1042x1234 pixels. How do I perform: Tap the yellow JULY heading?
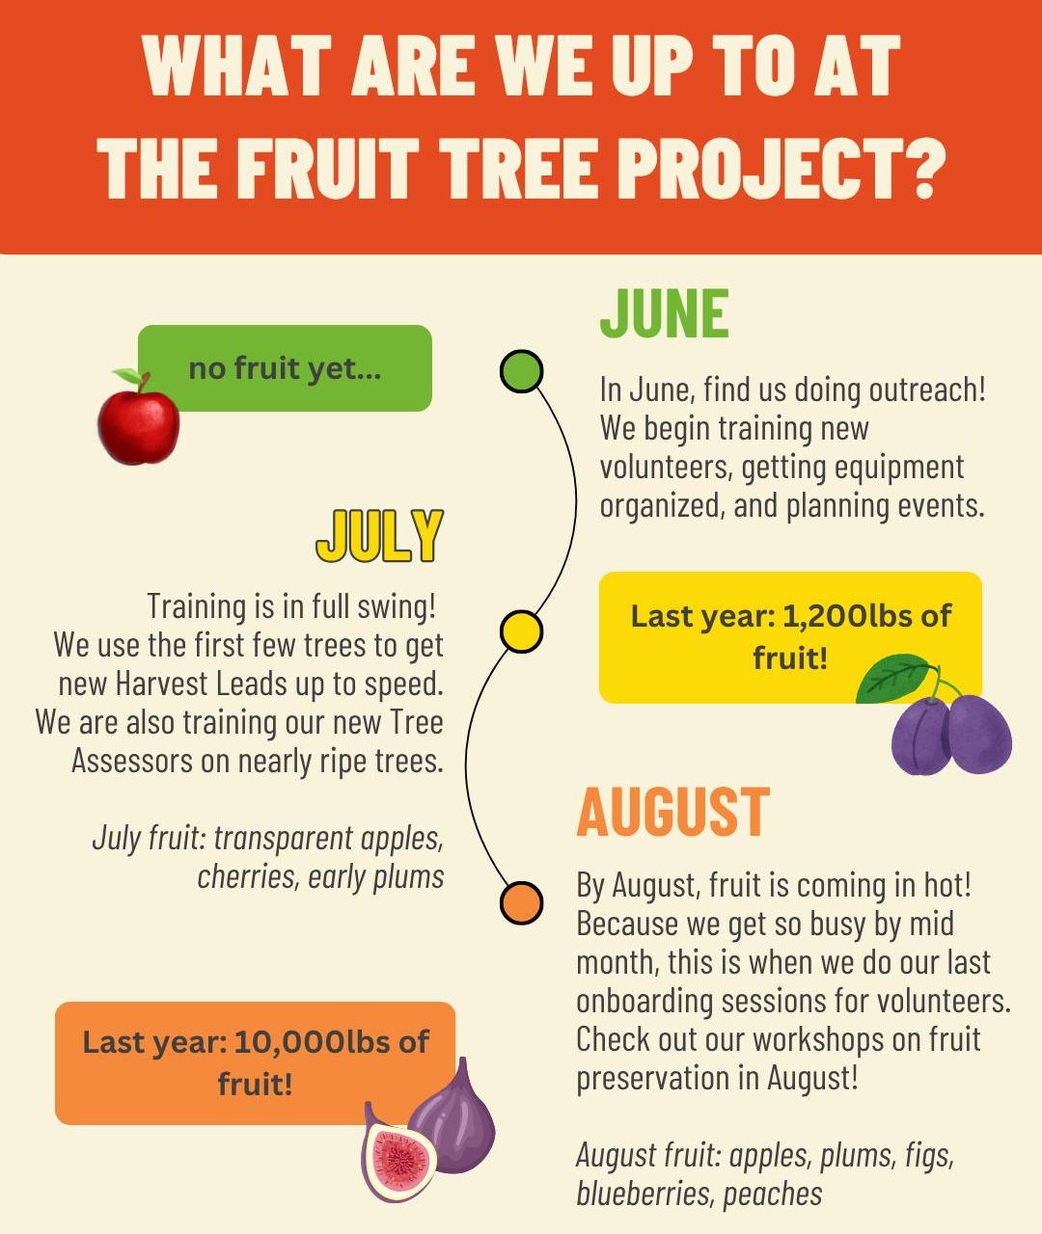(x=379, y=535)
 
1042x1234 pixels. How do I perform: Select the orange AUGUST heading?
(x=673, y=812)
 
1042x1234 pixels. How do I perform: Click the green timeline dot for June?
(x=521, y=370)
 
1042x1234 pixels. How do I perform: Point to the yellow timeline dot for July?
(x=520, y=631)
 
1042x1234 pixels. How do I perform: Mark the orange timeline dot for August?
(x=520, y=902)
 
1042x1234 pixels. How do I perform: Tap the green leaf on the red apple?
(x=126, y=376)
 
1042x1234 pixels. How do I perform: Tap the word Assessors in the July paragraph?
(x=132, y=762)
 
